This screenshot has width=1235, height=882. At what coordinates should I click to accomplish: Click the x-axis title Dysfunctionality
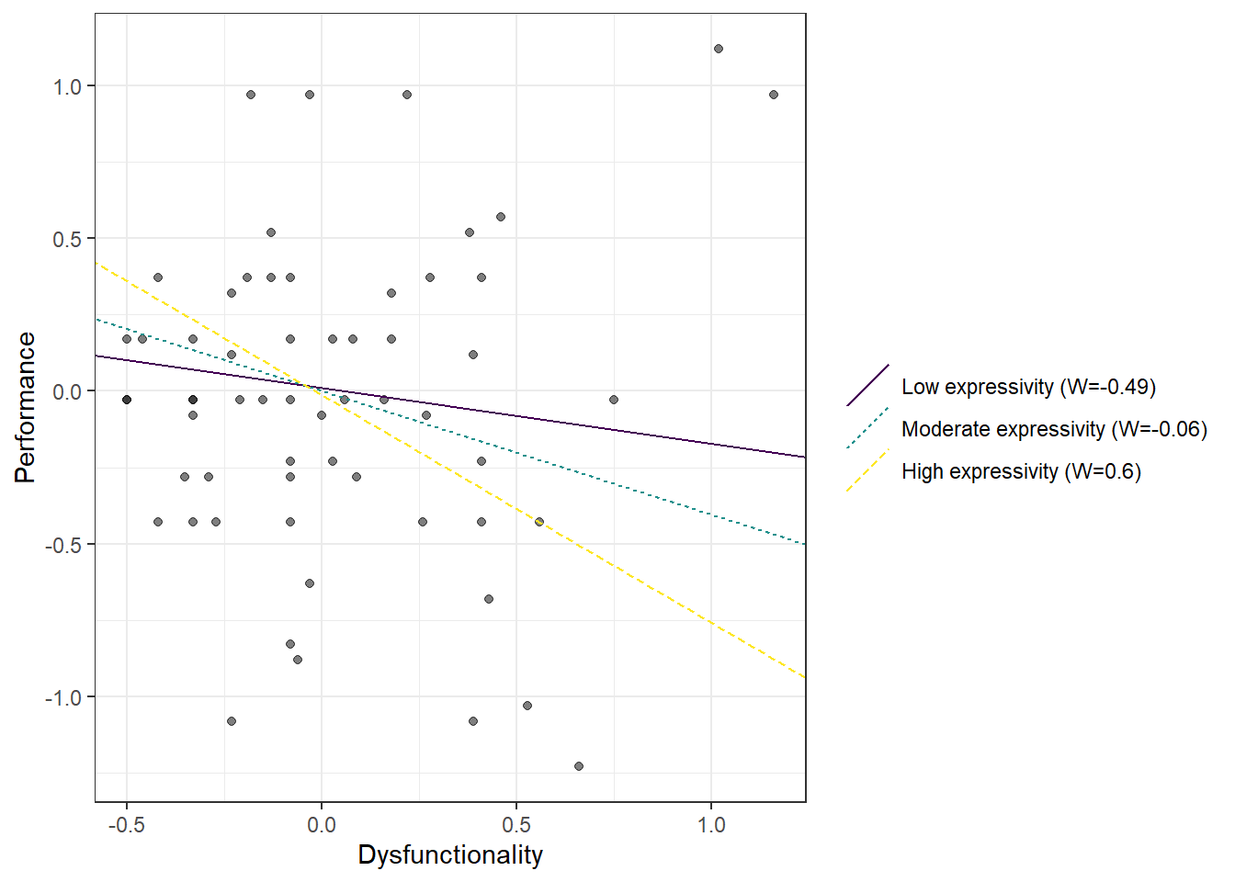pos(450,854)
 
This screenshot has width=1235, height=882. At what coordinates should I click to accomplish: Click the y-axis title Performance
pos(25,407)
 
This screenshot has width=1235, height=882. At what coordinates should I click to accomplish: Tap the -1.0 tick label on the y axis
pos(63,697)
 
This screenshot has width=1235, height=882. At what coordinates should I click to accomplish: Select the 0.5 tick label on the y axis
pos(67,239)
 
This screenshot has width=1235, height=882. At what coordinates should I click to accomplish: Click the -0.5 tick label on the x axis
pos(126,824)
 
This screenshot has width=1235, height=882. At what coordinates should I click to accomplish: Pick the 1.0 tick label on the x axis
pos(711,824)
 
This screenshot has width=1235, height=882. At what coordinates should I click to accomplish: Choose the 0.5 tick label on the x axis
pos(516,824)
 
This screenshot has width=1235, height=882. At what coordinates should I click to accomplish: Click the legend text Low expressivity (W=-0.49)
pos(1028,387)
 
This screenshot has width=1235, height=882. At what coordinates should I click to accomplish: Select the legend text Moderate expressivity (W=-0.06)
pos(1054,429)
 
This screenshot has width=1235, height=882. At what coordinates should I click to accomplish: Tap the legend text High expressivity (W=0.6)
pos(1021,471)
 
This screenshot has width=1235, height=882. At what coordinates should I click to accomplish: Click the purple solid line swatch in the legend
pos(867,386)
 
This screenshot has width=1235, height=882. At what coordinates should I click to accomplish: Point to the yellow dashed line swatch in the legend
pos(867,470)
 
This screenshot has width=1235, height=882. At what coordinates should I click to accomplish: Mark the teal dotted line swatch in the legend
pos(867,428)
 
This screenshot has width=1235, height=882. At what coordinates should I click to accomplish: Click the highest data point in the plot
pos(719,49)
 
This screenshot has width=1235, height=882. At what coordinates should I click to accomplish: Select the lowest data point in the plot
pos(579,766)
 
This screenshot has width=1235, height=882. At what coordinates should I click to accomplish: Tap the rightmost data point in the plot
pos(774,95)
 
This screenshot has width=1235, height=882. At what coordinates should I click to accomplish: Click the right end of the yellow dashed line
pos(805,678)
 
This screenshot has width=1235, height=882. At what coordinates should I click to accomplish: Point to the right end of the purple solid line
pos(805,457)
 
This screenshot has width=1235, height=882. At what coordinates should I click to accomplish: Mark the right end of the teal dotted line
pos(805,545)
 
